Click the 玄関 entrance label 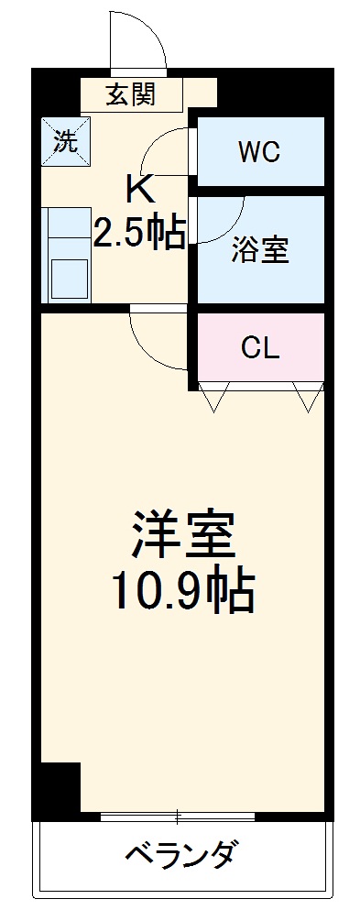point(129,93)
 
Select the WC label point(259,152)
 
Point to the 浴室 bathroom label point(260,250)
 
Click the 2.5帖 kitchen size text point(140,233)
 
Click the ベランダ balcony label point(182,856)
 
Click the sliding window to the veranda point(178,814)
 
